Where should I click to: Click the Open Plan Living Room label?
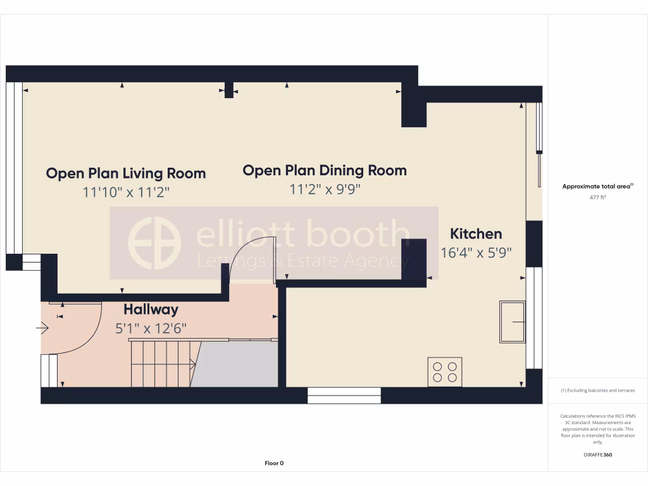tap(126, 173)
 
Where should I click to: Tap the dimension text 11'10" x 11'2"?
tap(126, 192)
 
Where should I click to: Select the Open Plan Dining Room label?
tap(325, 170)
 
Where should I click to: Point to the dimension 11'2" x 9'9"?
tap(325, 189)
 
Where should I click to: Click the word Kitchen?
tap(476, 234)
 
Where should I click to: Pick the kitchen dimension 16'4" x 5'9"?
tap(476, 252)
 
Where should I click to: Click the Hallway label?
tap(151, 310)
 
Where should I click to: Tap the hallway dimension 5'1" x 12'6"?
tap(151, 328)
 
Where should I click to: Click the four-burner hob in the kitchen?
tap(445, 372)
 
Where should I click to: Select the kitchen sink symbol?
tap(512, 322)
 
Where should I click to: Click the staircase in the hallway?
tap(161, 364)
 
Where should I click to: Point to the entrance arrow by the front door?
tap(42, 328)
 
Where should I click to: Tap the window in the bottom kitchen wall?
tap(344, 396)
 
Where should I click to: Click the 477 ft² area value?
tap(598, 197)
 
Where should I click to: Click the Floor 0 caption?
tap(274, 463)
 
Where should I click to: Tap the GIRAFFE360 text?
tap(598, 454)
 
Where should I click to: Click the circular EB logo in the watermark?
tap(154, 244)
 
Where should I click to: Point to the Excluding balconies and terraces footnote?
tap(598, 390)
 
